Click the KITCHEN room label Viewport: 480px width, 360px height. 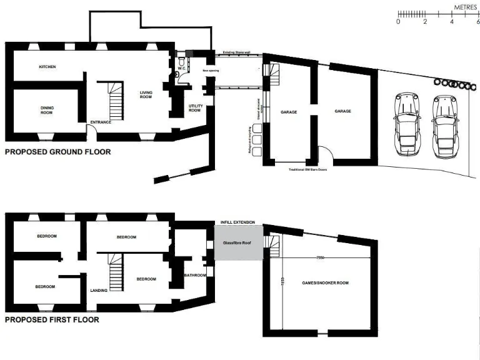pyautogui.click(x=47, y=66)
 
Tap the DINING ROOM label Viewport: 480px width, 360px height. pyautogui.click(x=47, y=111)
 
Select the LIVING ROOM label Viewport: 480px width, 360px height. pyautogui.click(x=146, y=95)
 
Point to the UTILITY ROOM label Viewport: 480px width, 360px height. pyautogui.click(x=195, y=108)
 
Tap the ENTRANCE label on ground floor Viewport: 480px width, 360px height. pyautogui.click(x=101, y=122)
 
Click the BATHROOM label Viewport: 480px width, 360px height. pyautogui.click(x=191, y=276)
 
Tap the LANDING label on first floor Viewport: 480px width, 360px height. pyautogui.click(x=99, y=291)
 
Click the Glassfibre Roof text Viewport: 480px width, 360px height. pyautogui.click(x=237, y=244)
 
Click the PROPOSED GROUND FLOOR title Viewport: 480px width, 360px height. pyautogui.click(x=57, y=152)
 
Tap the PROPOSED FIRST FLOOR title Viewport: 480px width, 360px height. pyautogui.click(x=52, y=319)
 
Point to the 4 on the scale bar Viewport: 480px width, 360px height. pyautogui.click(x=452, y=22)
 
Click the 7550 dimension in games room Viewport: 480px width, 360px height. pyautogui.click(x=320, y=257)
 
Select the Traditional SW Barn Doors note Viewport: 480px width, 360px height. pyautogui.click(x=307, y=169)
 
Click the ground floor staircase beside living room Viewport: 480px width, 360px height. pyautogui.click(x=116, y=101)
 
